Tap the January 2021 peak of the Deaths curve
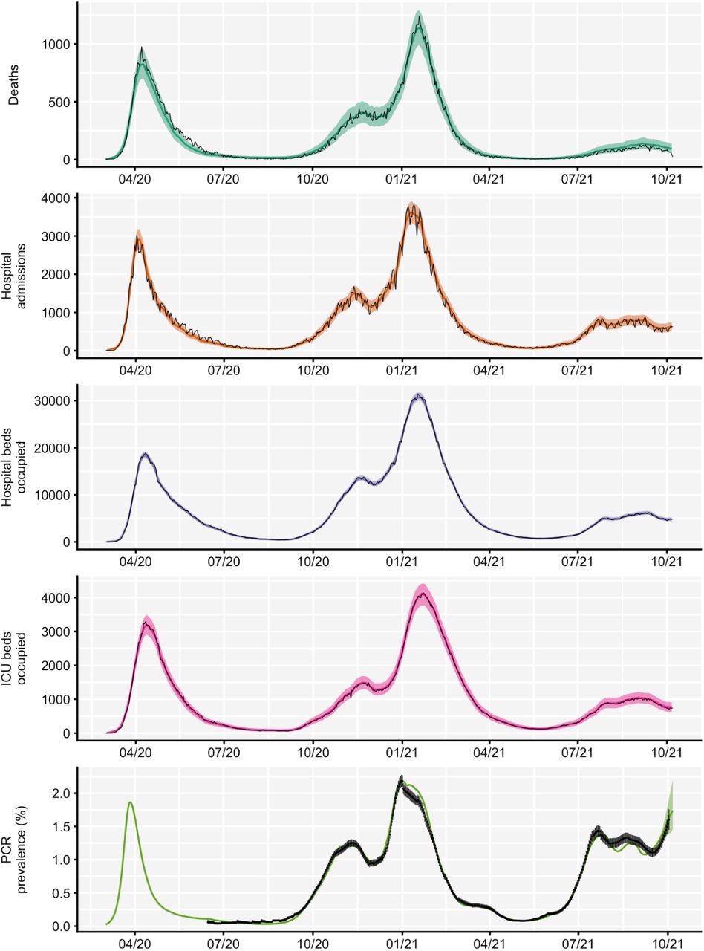click(x=419, y=21)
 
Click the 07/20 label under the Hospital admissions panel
click(x=224, y=369)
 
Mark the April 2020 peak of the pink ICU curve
click(x=146, y=623)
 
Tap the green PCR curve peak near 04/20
click(x=131, y=802)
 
